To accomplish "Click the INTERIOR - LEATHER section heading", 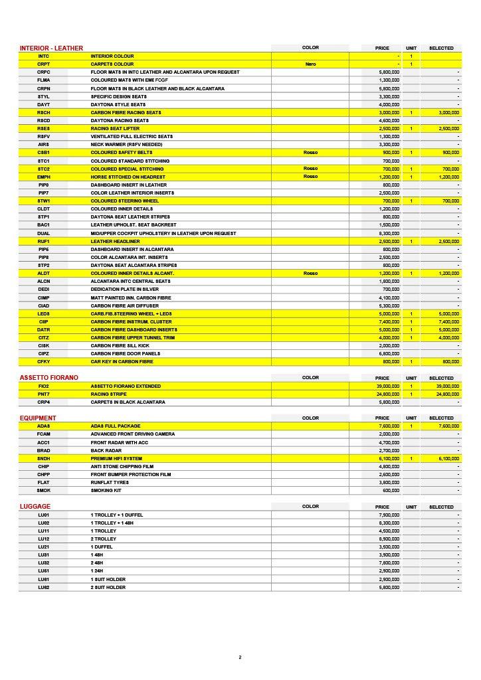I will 51,48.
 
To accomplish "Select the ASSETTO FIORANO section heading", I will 48,377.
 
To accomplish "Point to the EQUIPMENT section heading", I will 38,418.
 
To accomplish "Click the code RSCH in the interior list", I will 44,112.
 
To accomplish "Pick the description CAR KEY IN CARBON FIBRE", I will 122,361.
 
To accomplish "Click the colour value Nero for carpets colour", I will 310,64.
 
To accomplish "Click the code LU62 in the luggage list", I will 44,587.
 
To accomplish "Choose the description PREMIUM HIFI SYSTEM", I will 117,458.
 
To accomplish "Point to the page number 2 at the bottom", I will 240,657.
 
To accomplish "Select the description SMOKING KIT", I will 106,490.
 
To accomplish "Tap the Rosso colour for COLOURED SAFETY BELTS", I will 310,153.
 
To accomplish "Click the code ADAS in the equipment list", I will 44,426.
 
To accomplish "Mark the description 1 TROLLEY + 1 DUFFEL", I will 117,515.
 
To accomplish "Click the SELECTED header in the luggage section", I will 441,507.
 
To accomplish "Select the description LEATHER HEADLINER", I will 114,241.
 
